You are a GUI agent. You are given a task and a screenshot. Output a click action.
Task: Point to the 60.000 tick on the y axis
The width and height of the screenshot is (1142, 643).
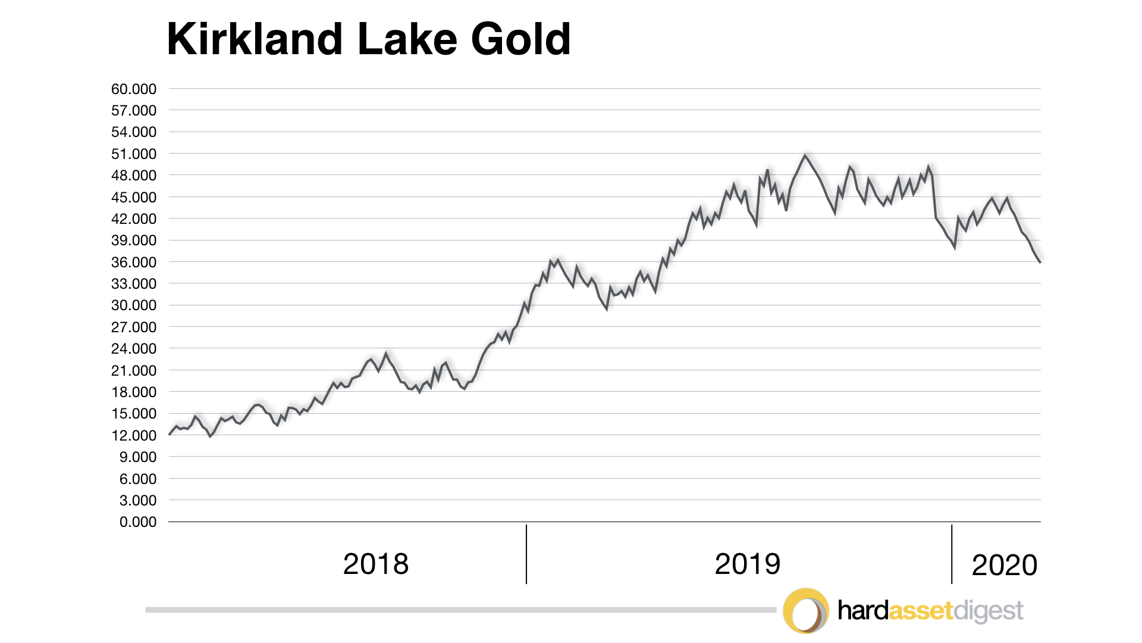tap(134, 89)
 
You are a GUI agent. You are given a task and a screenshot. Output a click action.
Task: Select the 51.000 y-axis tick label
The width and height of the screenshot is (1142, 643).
tap(134, 154)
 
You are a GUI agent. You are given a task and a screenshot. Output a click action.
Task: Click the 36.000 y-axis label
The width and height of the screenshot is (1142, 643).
tap(134, 263)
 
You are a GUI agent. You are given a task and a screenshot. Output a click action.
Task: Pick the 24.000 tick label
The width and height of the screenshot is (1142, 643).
tap(134, 349)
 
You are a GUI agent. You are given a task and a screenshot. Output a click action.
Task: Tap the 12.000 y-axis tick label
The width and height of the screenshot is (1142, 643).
tap(134, 436)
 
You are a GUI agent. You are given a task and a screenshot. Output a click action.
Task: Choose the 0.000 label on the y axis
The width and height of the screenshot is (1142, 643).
tap(137, 522)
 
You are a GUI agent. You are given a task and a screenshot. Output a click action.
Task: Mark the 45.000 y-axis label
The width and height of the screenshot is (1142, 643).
tap(134, 198)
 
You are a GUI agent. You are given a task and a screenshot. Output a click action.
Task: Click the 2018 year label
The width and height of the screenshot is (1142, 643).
tap(376, 564)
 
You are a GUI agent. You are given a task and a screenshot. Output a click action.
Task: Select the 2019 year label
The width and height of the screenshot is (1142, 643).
tap(747, 564)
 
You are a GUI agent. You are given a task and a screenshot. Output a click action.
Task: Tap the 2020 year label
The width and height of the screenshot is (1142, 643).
tap(1004, 565)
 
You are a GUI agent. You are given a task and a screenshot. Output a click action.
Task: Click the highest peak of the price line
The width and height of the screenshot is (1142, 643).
tap(805, 156)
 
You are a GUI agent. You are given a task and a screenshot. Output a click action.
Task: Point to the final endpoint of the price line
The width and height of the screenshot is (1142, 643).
tap(1040, 262)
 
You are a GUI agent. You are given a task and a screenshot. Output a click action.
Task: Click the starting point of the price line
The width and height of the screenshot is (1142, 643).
tap(170, 435)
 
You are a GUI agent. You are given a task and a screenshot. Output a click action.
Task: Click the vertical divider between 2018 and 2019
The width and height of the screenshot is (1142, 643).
tap(526, 554)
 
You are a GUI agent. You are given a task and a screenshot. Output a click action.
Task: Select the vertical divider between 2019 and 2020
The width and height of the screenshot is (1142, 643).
tap(952, 554)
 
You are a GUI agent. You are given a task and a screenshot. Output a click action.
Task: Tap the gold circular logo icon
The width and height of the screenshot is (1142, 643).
tap(805, 611)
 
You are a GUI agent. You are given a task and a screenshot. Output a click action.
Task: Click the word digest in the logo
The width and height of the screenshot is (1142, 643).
tap(988, 611)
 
